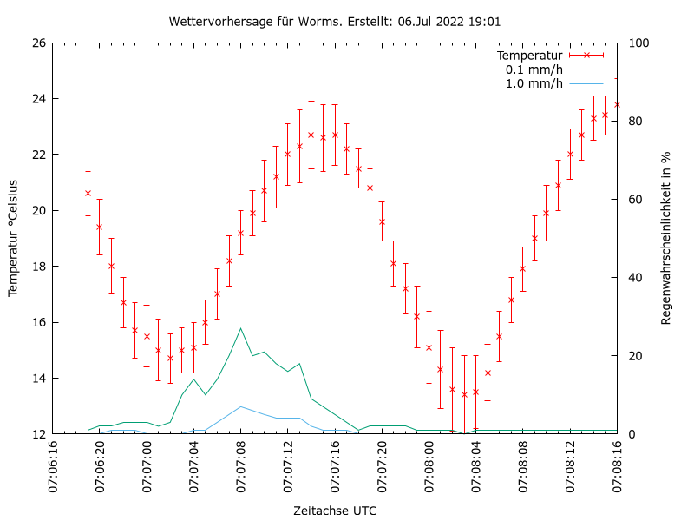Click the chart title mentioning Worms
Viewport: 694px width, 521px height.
point(335,22)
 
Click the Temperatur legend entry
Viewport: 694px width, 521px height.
point(529,56)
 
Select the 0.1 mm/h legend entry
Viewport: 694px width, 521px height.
point(534,69)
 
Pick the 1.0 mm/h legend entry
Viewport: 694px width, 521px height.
point(534,83)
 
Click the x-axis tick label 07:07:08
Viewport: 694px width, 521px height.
point(241,467)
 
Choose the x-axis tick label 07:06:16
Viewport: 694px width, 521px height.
point(53,467)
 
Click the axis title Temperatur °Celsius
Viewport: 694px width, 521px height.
point(14,239)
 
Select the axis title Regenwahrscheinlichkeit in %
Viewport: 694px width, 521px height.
point(666,239)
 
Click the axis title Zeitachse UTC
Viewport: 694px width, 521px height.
point(335,511)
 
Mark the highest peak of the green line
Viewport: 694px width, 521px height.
point(241,328)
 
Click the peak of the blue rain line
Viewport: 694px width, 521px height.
point(241,406)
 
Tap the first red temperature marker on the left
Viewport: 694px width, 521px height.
point(88,193)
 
